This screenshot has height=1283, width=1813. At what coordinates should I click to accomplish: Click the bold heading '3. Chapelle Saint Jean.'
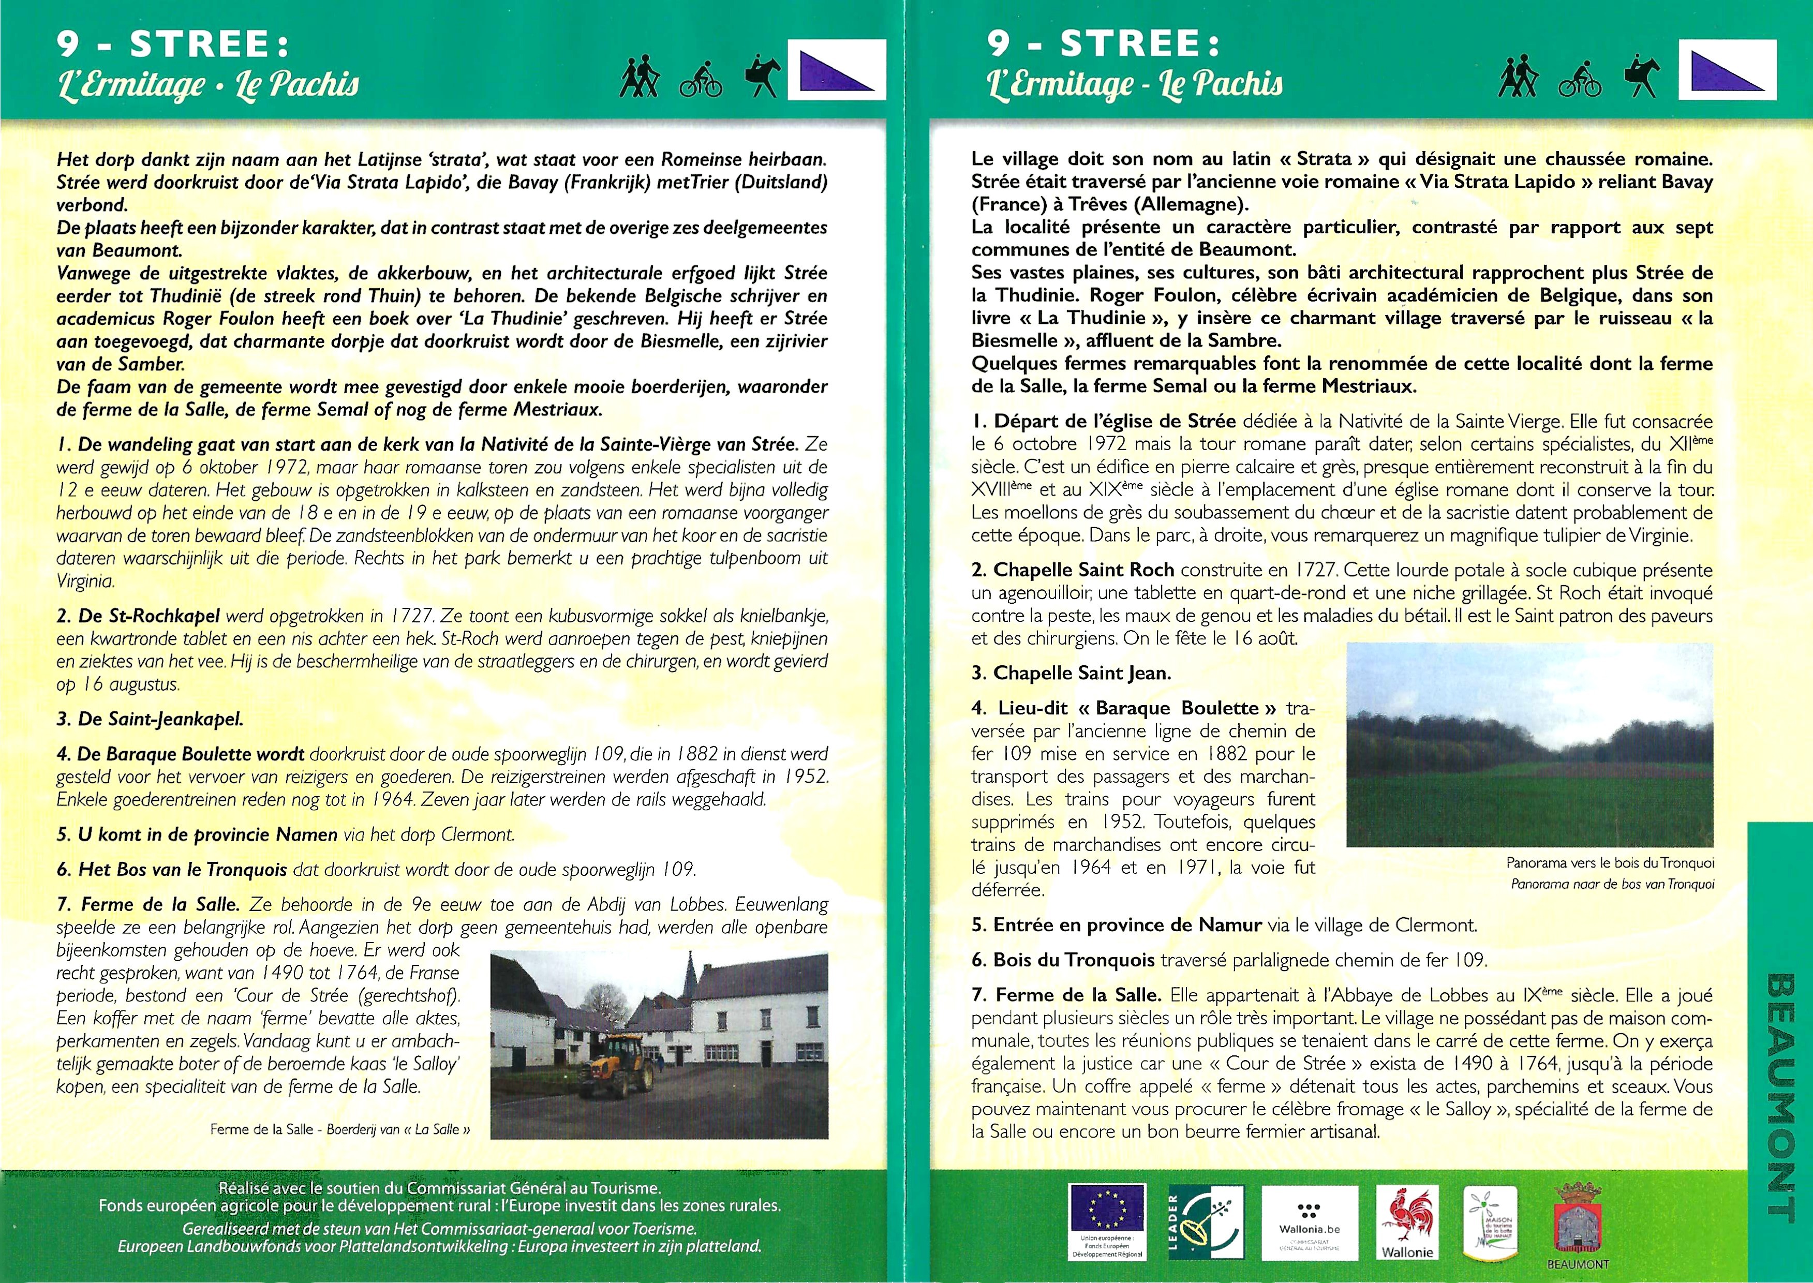click(x=1071, y=673)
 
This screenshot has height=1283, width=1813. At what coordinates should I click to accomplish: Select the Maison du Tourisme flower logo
click(x=1489, y=1220)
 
